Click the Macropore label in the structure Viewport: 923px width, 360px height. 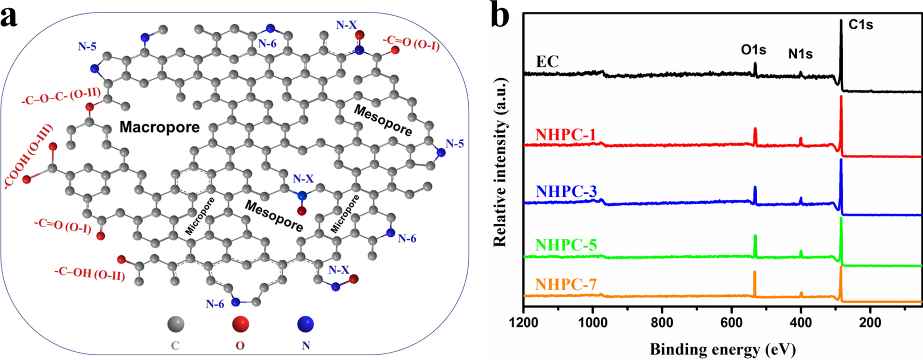tap(160, 127)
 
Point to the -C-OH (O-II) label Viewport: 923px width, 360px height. tap(90, 273)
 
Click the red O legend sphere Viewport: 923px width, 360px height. tap(240, 325)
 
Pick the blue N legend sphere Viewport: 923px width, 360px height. tap(306, 325)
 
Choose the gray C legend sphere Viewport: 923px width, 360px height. tap(176, 325)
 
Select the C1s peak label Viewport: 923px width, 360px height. tap(860, 24)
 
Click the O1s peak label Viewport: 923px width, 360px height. tap(754, 50)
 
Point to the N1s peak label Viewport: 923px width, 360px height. tap(800, 53)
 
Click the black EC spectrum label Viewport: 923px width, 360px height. tap(548, 62)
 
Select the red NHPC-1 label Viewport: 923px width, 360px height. tap(566, 135)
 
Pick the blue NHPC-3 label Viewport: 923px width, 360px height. tap(566, 191)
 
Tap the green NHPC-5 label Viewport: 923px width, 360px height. tap(566, 245)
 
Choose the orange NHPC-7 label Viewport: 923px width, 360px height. tap(566, 284)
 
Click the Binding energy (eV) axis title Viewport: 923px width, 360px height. tap(723, 349)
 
